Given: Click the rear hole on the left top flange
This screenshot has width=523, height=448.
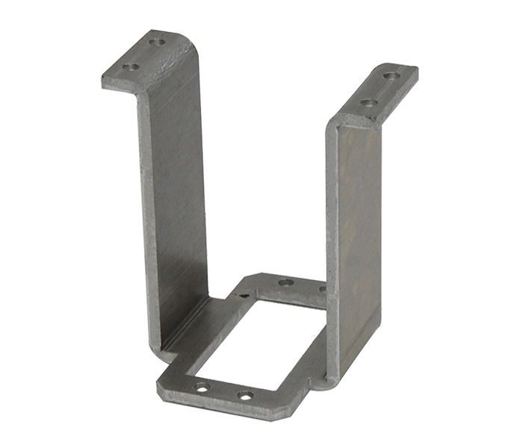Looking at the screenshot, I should click(x=156, y=43).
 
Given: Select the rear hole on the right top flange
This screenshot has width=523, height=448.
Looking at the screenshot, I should click(x=390, y=75).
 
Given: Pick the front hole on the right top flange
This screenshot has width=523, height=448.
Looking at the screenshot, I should click(x=366, y=103).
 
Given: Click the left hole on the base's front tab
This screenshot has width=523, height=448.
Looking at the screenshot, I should click(x=202, y=387).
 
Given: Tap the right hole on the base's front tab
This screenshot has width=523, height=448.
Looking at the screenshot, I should click(x=244, y=396).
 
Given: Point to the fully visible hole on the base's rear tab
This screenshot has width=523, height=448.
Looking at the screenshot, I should click(x=285, y=282).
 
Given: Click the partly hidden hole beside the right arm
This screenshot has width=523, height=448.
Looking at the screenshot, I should click(x=322, y=289).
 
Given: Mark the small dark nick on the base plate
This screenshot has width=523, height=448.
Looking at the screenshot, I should click(x=243, y=296).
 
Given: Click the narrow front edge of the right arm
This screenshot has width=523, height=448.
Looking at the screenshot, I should click(x=332, y=246).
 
